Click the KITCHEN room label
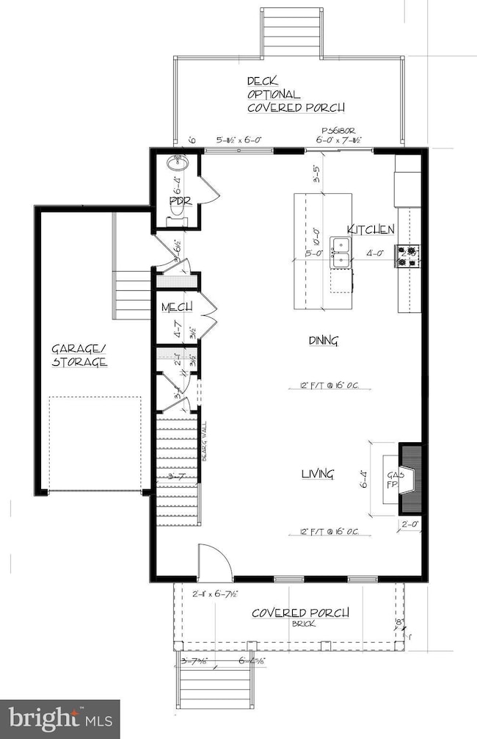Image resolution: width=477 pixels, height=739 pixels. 371,228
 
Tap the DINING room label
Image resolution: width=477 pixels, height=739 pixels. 323,340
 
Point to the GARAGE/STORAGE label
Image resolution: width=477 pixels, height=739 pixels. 79,356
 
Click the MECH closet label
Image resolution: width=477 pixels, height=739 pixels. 177,306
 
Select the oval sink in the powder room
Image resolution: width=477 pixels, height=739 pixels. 178,164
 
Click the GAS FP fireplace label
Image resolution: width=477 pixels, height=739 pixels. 393,480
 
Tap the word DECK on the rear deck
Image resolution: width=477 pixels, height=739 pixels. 262,82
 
